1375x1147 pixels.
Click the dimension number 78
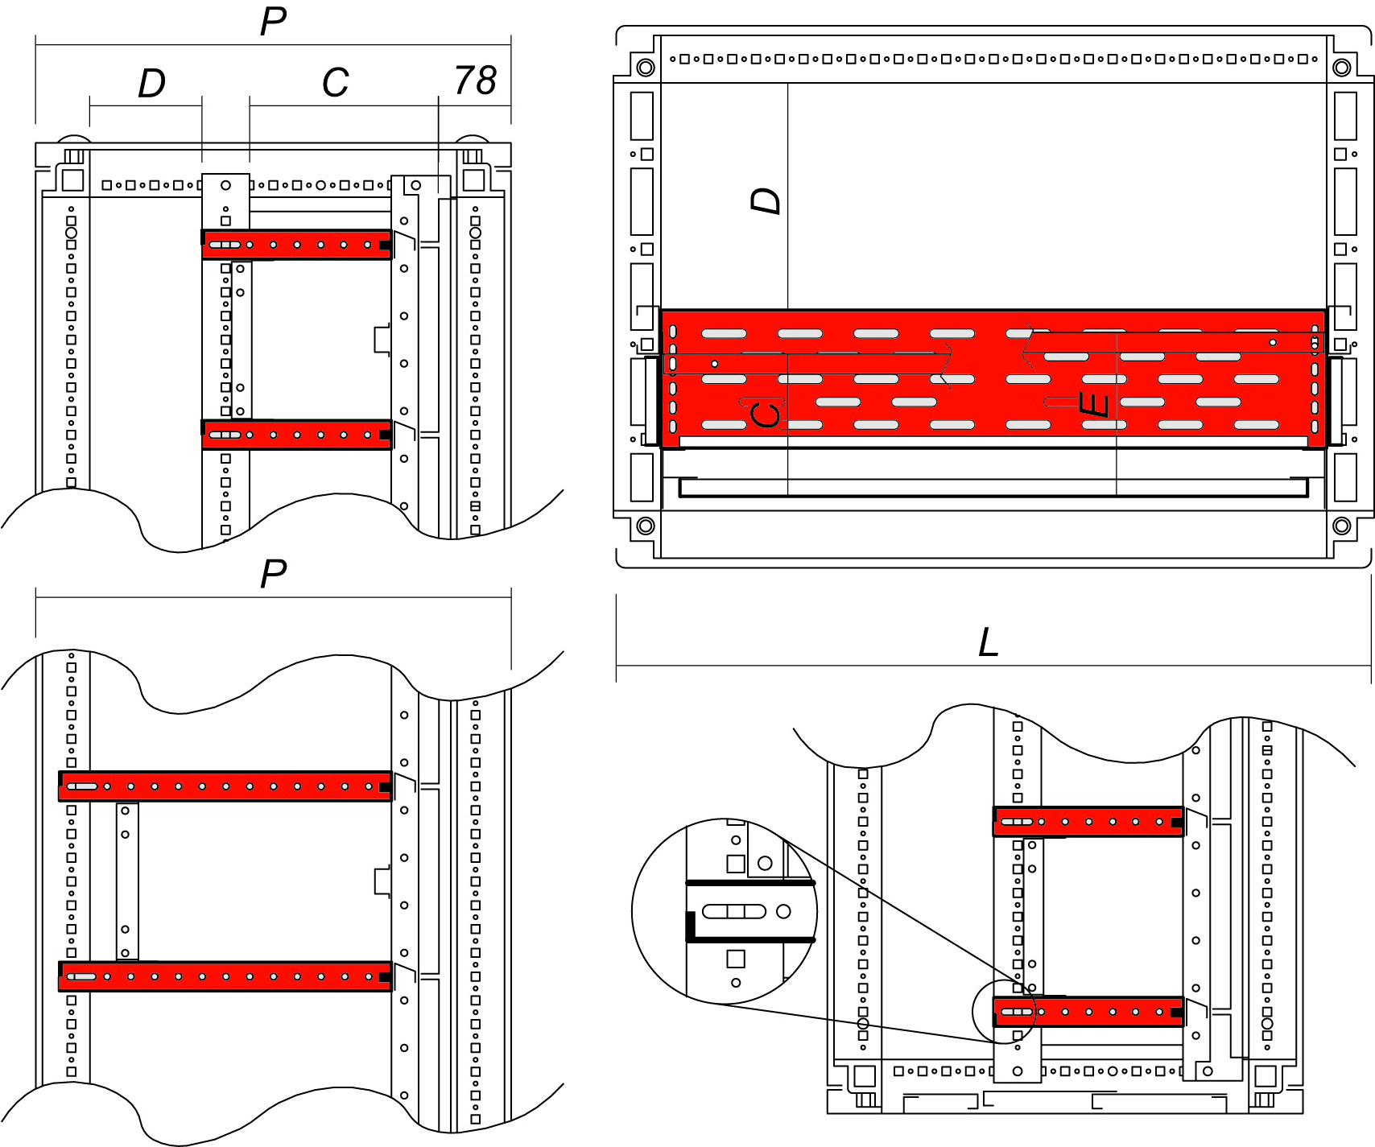click(476, 80)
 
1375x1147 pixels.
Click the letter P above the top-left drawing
click(273, 22)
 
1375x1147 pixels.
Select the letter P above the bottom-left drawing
click(273, 574)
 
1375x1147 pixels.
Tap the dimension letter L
click(988, 643)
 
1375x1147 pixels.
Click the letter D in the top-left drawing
click(151, 84)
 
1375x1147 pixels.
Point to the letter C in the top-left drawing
click(335, 83)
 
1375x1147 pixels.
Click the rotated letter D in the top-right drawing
click(766, 200)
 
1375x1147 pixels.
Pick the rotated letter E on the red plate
click(1095, 405)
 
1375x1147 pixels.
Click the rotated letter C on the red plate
click(765, 415)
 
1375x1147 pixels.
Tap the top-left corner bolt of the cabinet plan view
click(645, 67)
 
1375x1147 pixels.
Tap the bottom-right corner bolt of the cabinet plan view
click(1341, 526)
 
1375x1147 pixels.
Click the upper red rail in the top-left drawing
click(297, 245)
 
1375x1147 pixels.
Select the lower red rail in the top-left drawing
click(297, 435)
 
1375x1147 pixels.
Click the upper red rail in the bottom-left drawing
click(225, 786)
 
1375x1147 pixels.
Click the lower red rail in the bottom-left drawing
click(225, 976)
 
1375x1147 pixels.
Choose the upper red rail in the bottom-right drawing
click(1088, 822)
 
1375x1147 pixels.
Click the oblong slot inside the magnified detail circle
click(733, 911)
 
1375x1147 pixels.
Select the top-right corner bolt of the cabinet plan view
click(1341, 67)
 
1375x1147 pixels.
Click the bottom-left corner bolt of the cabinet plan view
click(645, 526)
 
